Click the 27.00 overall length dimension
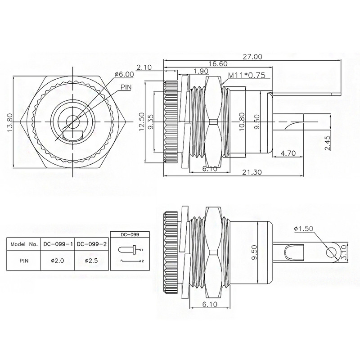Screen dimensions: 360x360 click(252, 57)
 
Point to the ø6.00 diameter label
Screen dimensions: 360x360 click(125, 74)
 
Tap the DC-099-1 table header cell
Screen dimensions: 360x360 click(57, 244)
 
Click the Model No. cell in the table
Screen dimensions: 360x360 click(24, 244)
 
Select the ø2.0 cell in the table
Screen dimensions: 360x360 click(57, 260)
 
